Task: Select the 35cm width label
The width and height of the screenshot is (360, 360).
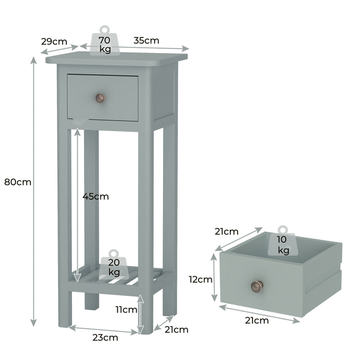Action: [x=146, y=40]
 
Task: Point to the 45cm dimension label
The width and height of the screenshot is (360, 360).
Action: [x=96, y=196]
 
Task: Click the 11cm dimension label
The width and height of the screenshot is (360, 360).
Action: [x=126, y=310]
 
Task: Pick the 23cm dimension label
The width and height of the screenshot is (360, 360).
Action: [x=105, y=337]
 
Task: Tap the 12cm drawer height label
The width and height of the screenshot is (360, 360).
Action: [x=200, y=280]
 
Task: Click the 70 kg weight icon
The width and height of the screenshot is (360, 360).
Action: [x=105, y=41]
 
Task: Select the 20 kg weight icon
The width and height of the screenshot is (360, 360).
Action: [x=114, y=264]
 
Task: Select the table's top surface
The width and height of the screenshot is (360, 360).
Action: [x=116, y=58]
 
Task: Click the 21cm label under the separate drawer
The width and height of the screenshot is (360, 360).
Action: [x=257, y=321]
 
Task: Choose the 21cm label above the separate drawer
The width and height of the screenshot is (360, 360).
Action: [x=227, y=231]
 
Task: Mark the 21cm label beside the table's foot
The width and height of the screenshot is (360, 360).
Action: [x=177, y=330]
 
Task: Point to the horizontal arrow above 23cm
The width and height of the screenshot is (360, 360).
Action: [x=103, y=329]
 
